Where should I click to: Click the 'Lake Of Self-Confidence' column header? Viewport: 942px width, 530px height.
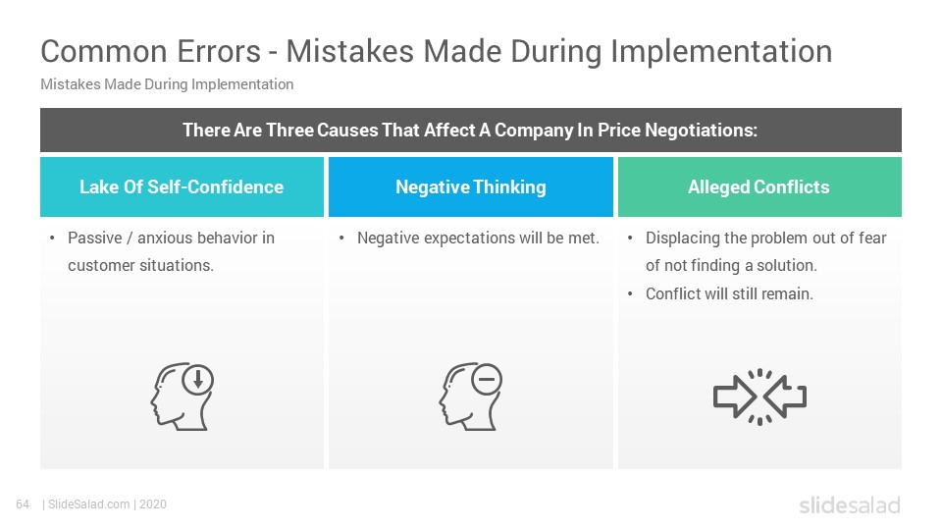click(x=182, y=186)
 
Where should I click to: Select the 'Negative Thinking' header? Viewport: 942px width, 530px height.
click(x=471, y=186)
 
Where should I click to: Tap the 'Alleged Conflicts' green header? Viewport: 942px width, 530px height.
click(x=759, y=186)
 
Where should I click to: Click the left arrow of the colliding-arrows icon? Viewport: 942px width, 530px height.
click(x=733, y=397)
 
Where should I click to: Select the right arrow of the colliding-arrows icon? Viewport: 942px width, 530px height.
click(x=786, y=397)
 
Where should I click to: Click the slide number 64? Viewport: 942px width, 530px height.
click(x=24, y=504)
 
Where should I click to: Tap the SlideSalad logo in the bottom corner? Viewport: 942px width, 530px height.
click(x=849, y=505)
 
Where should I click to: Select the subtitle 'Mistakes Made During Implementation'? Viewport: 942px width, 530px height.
click(x=167, y=84)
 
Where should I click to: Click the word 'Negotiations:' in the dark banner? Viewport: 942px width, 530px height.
click(x=702, y=131)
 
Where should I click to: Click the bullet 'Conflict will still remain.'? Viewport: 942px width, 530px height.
click(x=729, y=293)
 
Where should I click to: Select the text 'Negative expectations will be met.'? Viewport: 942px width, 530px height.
click(x=478, y=238)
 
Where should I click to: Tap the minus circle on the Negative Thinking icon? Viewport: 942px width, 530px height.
click(x=486, y=379)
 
